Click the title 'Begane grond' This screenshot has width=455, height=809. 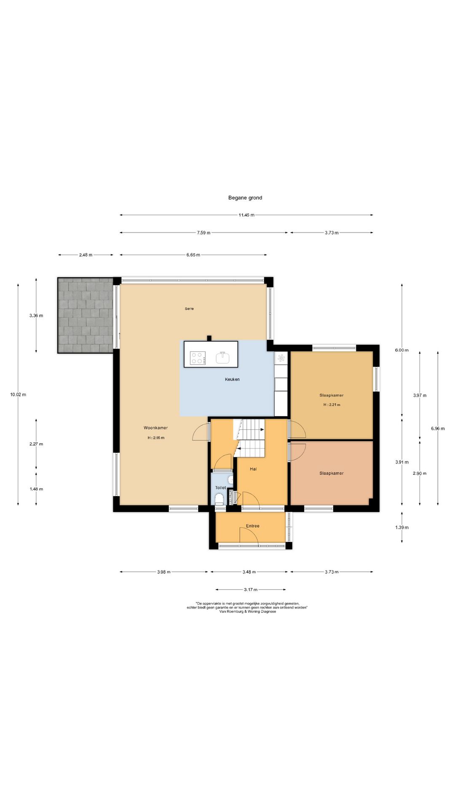point(245,198)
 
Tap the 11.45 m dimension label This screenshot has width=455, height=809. point(246,215)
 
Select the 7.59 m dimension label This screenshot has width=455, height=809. point(203,233)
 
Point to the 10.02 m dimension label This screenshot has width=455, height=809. point(18,394)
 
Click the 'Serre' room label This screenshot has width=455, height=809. point(189,309)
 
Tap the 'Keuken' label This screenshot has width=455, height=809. point(232,379)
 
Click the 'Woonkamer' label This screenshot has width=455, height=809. point(155,428)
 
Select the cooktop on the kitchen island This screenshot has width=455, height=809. point(198,358)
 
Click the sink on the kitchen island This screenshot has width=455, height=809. point(223,357)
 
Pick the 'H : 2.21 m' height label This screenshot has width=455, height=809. point(332,404)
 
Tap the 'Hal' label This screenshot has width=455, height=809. point(253,469)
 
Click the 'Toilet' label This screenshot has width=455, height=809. point(221,488)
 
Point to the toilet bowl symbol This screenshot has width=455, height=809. point(219,500)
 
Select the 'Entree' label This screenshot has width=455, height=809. point(253,526)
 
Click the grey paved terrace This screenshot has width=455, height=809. point(86,315)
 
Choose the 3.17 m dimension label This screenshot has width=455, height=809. point(250,589)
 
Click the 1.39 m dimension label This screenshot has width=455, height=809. point(402,527)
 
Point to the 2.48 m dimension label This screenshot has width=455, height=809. point(86,255)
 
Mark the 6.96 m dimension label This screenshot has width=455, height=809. point(438,429)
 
